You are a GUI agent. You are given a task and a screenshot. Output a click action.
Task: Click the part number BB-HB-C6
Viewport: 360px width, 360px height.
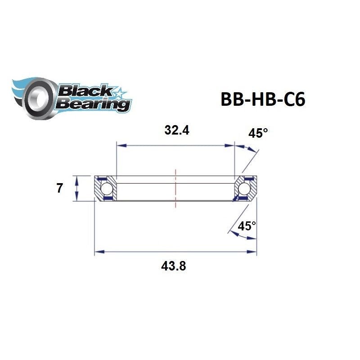262,99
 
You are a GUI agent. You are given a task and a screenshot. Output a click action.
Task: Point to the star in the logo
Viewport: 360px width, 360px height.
120,93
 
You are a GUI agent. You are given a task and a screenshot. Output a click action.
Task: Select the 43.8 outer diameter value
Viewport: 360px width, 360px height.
174,266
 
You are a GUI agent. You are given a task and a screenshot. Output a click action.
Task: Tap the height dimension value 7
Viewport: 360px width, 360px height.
59,189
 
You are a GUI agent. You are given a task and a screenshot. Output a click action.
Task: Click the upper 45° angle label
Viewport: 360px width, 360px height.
258,133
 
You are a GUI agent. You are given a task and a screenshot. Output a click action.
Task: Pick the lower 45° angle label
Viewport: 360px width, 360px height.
247,226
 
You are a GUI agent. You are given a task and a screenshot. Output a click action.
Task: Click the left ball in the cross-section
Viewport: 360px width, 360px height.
106,188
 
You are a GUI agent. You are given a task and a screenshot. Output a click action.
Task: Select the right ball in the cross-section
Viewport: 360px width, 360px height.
245,188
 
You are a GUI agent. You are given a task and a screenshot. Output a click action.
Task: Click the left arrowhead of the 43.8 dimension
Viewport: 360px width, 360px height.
98,252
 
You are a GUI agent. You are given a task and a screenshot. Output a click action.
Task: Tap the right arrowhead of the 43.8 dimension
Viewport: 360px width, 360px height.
253,252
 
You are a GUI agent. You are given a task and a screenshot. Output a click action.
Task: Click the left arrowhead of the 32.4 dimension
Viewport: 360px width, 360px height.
120,145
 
